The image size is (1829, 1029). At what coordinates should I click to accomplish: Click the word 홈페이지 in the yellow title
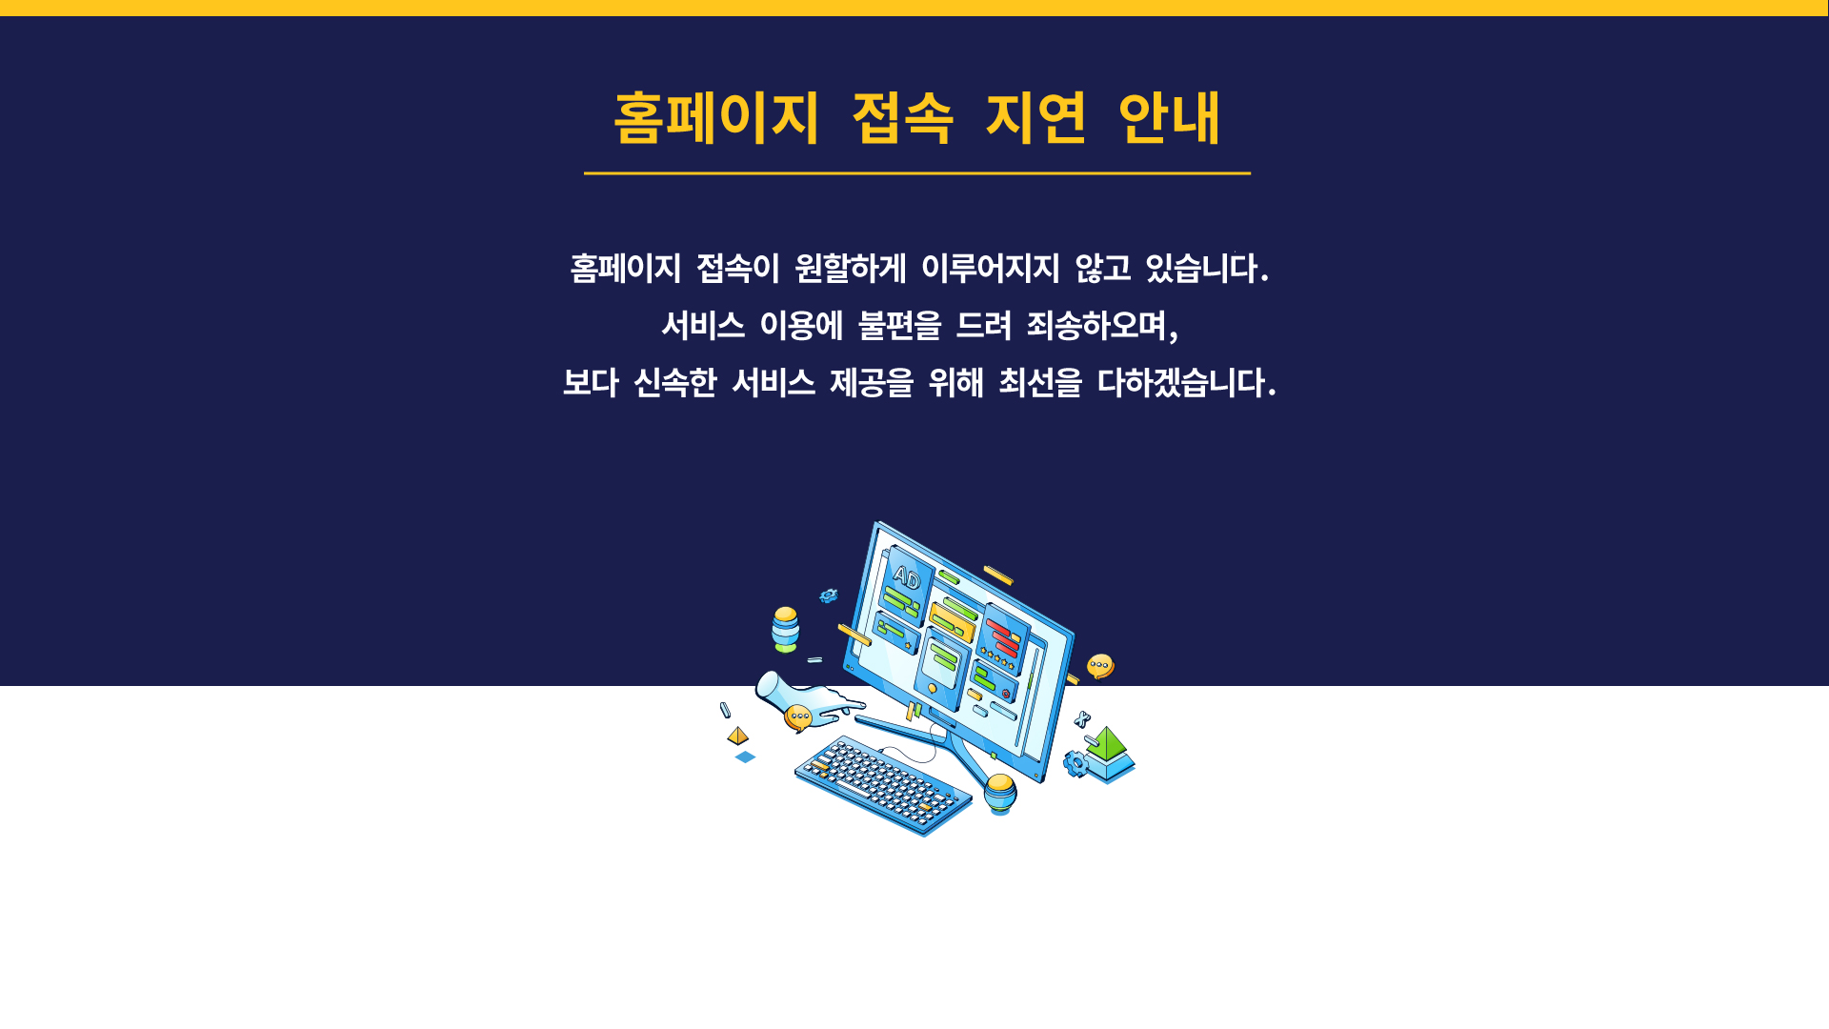(716, 118)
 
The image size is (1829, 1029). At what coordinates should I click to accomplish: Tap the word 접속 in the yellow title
(902, 118)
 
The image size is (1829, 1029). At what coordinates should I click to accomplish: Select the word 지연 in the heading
(1035, 118)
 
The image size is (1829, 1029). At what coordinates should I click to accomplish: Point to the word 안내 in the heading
(1169, 118)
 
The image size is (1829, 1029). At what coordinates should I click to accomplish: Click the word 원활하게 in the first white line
(850, 269)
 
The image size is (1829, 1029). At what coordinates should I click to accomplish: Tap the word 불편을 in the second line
(899, 326)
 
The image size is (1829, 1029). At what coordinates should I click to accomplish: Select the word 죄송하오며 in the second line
(1097, 326)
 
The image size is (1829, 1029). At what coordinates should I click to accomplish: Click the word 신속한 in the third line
(674, 383)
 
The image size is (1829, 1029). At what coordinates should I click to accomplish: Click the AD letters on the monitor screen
(906, 577)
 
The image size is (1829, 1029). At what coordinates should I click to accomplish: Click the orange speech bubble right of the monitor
(1100, 665)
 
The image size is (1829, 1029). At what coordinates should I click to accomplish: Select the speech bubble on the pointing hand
(798, 717)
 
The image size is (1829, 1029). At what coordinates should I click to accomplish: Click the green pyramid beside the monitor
(1107, 744)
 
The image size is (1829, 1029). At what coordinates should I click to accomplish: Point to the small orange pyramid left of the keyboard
(738, 736)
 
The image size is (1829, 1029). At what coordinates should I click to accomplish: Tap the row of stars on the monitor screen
(999, 657)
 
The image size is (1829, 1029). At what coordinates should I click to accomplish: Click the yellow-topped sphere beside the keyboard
(1000, 793)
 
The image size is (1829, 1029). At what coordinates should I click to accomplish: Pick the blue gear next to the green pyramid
(1075, 764)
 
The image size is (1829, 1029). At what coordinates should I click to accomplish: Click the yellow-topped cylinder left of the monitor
(786, 629)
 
